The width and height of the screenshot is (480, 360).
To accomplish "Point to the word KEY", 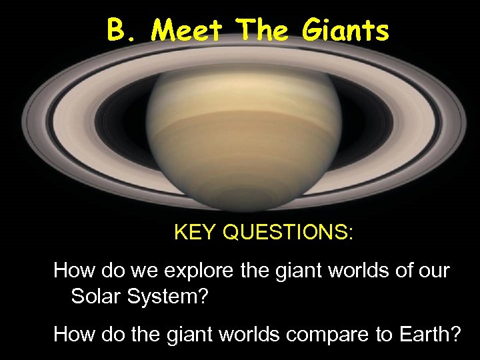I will pyautogui.click(x=195, y=233).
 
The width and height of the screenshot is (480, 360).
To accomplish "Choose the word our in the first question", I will pyautogui.click(x=435, y=271).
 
